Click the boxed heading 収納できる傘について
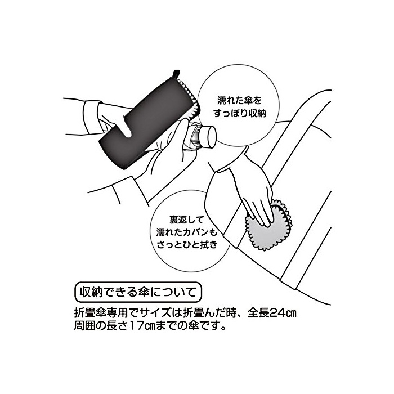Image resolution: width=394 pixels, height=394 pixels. pos(138,293)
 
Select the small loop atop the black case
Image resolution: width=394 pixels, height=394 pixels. pos(176,73)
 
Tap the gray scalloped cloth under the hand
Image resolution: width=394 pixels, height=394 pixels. pos(267,226)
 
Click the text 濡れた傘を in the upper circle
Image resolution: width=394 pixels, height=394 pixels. pos(239,101)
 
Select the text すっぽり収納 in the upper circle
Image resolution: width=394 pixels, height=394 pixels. pos(239,114)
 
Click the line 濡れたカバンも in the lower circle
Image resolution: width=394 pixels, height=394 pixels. pos(186,232)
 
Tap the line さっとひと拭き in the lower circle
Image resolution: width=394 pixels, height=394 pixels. pos(187,244)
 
